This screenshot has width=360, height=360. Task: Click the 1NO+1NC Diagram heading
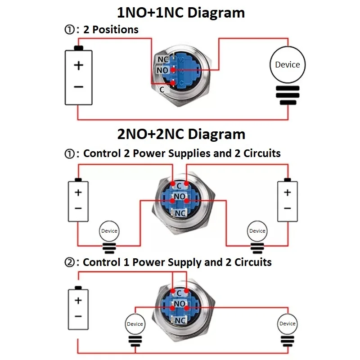coord(181,12)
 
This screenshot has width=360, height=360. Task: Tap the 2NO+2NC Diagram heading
coord(181,134)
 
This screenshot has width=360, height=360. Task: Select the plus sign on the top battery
coord(79,65)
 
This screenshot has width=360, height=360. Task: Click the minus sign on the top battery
coord(79,86)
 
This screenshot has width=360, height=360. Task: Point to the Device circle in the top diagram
coord(287,64)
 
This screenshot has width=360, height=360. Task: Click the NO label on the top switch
coord(162,71)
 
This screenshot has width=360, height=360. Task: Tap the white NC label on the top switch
coord(163,59)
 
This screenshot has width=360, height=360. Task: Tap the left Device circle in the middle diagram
coord(109,231)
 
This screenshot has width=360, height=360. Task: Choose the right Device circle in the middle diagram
coord(257,231)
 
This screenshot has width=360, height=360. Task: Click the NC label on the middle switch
coord(180,213)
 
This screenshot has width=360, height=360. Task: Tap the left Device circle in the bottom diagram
coord(135,324)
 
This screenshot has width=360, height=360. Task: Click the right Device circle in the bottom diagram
coord(287,323)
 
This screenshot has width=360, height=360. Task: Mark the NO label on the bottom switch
coord(180,304)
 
